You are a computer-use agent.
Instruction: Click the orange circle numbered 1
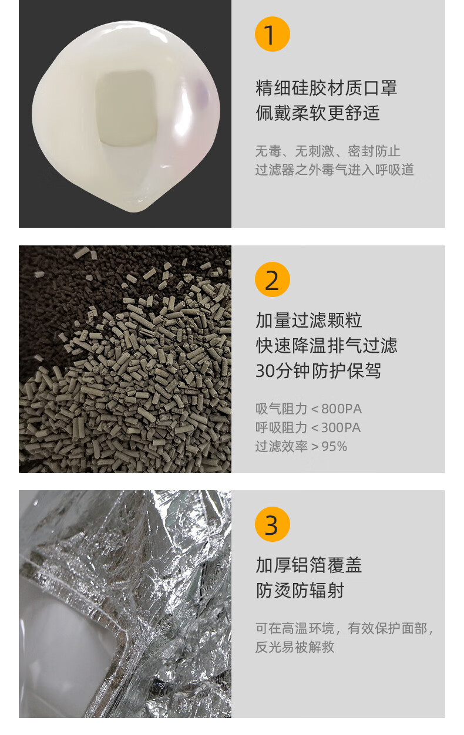pyautogui.click(x=272, y=34)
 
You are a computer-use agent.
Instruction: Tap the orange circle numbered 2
pyautogui.click(x=272, y=279)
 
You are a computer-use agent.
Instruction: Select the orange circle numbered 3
pyautogui.click(x=272, y=524)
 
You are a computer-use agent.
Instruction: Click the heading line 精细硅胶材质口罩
pyautogui.click(x=326, y=88)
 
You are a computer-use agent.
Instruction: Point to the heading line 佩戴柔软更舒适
pyautogui.click(x=318, y=113)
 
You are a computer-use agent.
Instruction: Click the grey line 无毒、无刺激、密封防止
pyautogui.click(x=328, y=151)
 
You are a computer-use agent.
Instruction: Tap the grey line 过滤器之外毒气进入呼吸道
pyautogui.click(x=335, y=170)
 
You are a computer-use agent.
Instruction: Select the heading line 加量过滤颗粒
pyautogui.click(x=309, y=321)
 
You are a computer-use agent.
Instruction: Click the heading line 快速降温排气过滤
pyautogui.click(x=326, y=346)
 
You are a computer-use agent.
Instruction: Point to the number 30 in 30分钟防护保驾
pyautogui.click(x=265, y=371)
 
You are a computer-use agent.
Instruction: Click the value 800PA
pyautogui.click(x=341, y=409)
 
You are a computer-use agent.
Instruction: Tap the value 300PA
pyautogui.click(x=341, y=428)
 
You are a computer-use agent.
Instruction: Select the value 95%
pyautogui.click(x=334, y=447)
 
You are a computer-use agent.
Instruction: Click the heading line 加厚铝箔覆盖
pyautogui.click(x=309, y=565)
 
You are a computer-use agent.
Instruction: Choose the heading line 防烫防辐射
pyautogui.click(x=300, y=591)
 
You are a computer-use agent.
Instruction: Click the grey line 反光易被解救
pyautogui.click(x=295, y=647)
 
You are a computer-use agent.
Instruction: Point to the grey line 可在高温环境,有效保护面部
pyautogui.click(x=344, y=628)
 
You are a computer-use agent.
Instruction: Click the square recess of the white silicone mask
pyautogui.click(x=126, y=107)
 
